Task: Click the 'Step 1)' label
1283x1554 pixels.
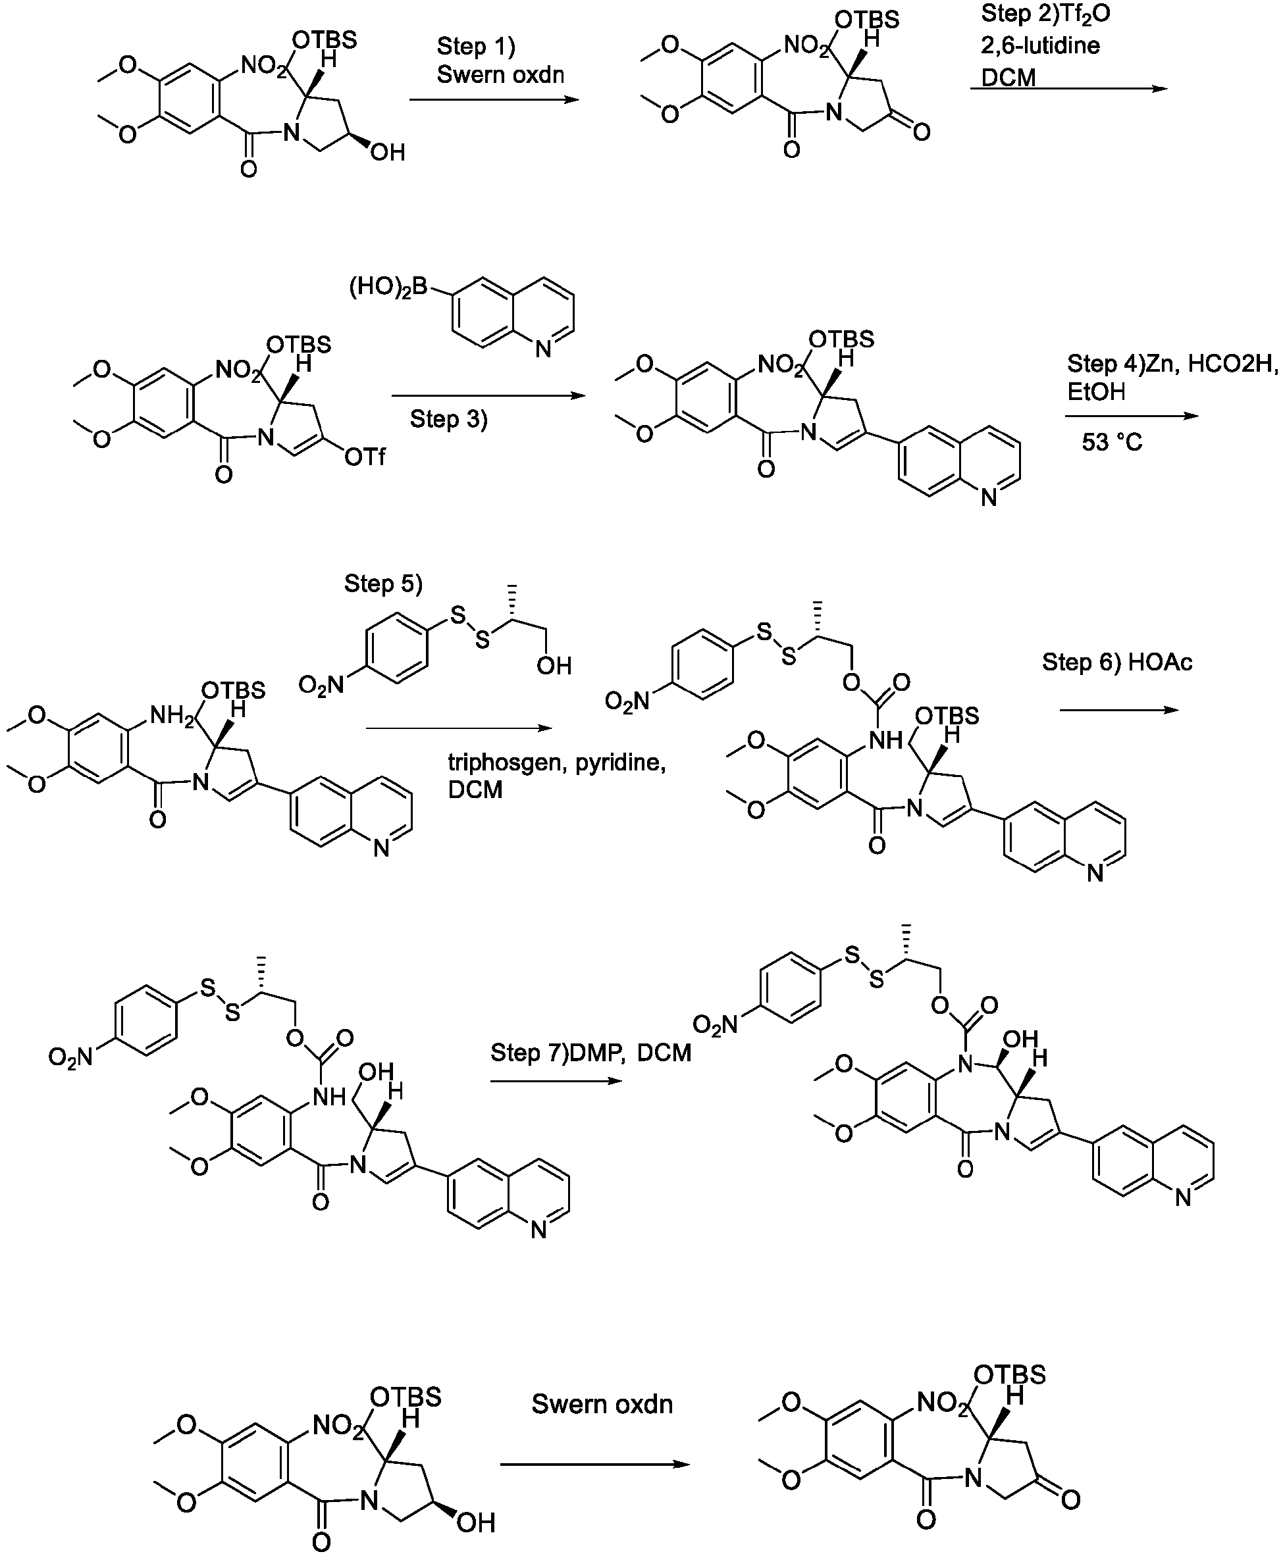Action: coord(476,46)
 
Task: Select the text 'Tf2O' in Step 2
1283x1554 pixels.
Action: coord(1086,14)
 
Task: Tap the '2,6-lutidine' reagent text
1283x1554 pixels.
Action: coord(1041,46)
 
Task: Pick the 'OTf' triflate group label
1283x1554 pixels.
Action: coord(365,457)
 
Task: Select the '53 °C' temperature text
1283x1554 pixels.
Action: coord(1112,442)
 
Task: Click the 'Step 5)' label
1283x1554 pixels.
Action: coord(384,584)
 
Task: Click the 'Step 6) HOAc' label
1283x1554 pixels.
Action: coord(1116,663)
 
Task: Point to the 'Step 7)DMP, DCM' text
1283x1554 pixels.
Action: coord(590,1053)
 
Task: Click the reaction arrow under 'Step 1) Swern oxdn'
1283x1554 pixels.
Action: coord(494,99)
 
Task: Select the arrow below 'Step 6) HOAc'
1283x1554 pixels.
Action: coord(1119,711)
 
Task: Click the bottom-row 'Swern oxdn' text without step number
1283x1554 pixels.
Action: coord(602,1404)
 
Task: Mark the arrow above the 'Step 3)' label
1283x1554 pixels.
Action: coord(488,396)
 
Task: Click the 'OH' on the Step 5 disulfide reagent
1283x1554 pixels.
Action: coord(554,666)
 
